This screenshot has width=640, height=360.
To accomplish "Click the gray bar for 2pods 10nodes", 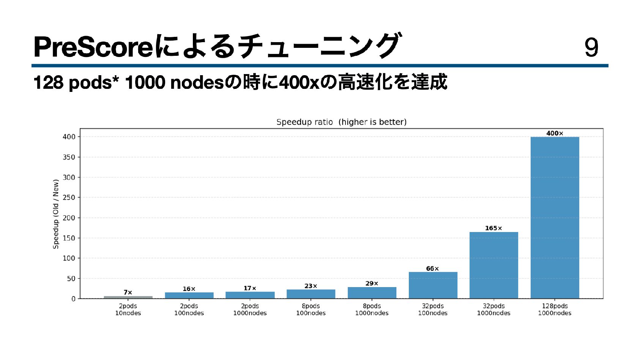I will pos(128,297).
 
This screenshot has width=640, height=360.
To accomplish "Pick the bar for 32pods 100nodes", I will pos(433,285).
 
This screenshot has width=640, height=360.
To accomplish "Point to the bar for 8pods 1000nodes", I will pos(372,293).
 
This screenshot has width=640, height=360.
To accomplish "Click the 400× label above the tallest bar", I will pos(555,133).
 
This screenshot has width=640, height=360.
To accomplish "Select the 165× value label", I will pos(493,228).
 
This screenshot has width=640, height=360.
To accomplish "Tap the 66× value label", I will pos(432,268).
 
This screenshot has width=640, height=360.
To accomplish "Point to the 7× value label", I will pos(128,292).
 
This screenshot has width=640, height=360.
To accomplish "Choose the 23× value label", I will pos(311,286).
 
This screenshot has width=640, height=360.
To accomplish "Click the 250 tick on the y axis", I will pos(69,197).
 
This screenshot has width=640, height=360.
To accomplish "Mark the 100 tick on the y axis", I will pos(69,258).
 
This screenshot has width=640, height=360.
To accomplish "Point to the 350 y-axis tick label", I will pos(69,157).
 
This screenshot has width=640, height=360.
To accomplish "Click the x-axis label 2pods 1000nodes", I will pos(250,309).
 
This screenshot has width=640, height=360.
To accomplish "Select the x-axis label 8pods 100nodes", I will pos(311,309).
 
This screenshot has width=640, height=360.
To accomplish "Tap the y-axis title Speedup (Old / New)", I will pos(56,214).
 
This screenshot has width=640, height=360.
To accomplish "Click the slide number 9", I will pos(591,47).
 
